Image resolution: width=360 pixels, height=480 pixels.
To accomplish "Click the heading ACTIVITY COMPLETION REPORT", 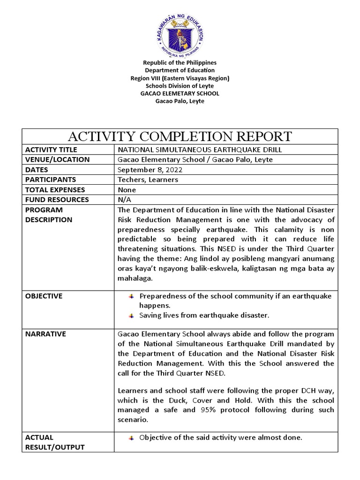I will [180, 136].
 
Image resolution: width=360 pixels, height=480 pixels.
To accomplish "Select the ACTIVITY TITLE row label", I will [51, 150].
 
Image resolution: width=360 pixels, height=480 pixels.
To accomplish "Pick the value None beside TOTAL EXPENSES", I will [127, 190].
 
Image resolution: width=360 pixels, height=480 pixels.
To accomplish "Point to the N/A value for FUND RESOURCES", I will [125, 200].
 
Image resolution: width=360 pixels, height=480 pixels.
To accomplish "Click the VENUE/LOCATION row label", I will [57, 160].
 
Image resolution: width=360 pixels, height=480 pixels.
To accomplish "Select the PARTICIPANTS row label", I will [51, 180].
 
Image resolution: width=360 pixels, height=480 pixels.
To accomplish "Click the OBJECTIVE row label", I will [44, 296].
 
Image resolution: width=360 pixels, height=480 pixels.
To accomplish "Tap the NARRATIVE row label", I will [45, 334].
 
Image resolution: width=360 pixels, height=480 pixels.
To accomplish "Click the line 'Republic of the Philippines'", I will [180, 62].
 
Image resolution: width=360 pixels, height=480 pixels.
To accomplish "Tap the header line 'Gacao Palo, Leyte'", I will [180, 101].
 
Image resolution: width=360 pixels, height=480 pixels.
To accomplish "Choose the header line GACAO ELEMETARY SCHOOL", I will [180, 93].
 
